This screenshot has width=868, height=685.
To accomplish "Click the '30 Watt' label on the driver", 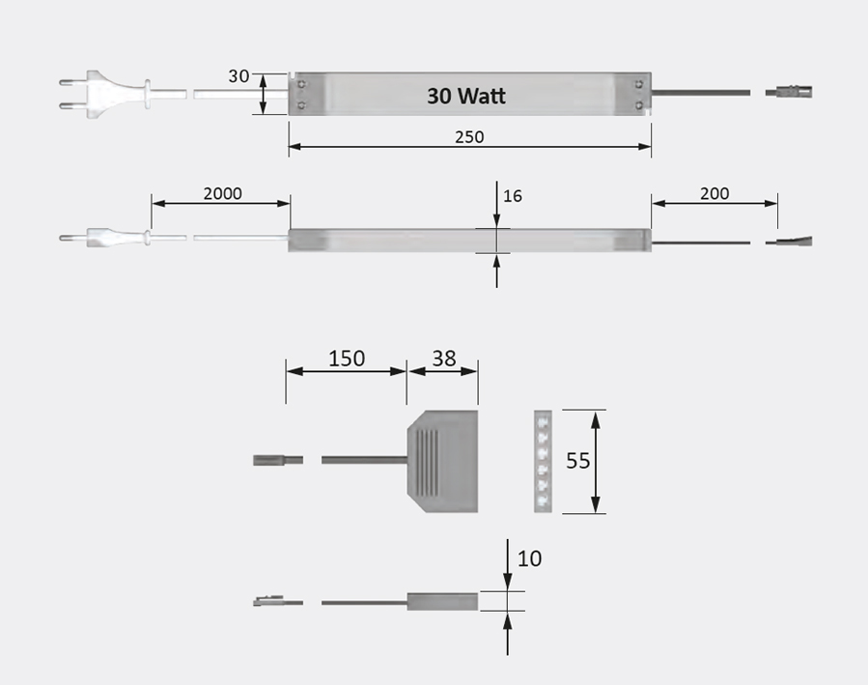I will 466,96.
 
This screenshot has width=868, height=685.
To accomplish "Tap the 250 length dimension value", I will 469,136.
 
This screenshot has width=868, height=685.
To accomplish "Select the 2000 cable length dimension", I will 222,192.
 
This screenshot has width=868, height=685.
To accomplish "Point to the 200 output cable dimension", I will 714,192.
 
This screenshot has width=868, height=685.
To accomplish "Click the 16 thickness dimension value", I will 513,196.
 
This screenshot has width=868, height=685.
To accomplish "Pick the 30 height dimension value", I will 238,76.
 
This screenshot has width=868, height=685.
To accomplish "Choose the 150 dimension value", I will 347,358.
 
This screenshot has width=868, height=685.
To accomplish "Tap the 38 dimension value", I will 443,358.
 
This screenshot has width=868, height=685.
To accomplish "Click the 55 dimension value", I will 577,461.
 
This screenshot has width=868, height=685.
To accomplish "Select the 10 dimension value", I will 530,558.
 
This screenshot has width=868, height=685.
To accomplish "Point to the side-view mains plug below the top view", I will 101,237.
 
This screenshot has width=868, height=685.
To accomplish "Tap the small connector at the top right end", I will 790,93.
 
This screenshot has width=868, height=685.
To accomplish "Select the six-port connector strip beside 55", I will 544,461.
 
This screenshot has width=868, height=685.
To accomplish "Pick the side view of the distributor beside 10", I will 442,602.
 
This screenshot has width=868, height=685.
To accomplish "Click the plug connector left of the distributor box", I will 278,460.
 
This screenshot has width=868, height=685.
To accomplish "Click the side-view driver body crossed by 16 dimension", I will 469,241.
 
